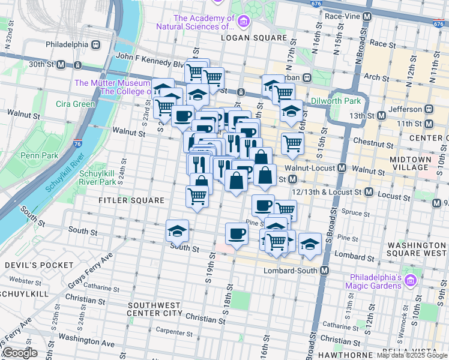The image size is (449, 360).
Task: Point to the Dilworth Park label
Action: [x=336, y=101]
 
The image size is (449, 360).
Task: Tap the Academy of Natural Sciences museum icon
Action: [x=243, y=23]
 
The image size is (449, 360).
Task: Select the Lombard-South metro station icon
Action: [x=325, y=271]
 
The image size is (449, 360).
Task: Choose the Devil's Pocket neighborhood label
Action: [x=31, y=265]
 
